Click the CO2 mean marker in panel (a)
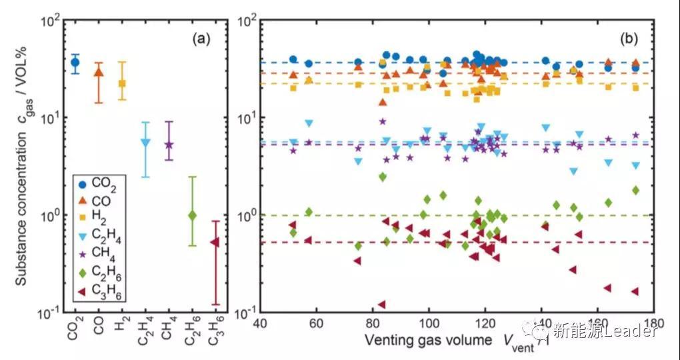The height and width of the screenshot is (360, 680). click(x=75, y=62)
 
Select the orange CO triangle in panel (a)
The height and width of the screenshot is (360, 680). click(x=99, y=72)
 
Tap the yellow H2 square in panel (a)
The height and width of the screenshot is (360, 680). click(x=122, y=83)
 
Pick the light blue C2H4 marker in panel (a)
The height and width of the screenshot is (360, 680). click(x=145, y=142)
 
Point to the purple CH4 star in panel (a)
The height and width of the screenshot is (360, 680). click(x=169, y=145)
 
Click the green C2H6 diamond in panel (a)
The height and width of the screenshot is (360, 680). click(x=192, y=215)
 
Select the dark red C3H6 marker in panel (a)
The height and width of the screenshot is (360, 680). click(x=215, y=242)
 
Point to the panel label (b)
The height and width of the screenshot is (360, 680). click(x=630, y=39)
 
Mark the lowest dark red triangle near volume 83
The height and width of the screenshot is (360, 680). click(x=381, y=305)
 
